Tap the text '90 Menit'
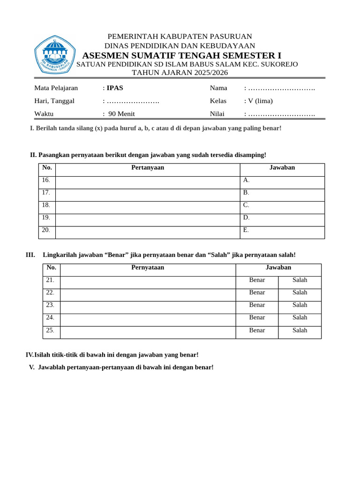pyautogui.click(x=121, y=114)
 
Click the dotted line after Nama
pyautogui.click(x=281, y=88)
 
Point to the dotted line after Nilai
pyautogui.click(x=281, y=114)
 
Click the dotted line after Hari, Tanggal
pyautogui.click(x=133, y=101)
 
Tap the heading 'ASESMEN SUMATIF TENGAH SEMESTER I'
pyautogui.click(x=182, y=55)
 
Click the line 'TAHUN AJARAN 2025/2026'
pyautogui.click(x=180, y=72)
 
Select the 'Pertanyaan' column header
pyautogui.click(x=148, y=167)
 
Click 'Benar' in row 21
pyautogui.click(x=257, y=280)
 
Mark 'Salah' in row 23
pyautogui.click(x=300, y=305)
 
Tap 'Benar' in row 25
pyautogui.click(x=257, y=330)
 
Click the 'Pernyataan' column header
pyautogui.click(x=148, y=268)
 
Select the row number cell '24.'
pyautogui.click(x=50, y=318)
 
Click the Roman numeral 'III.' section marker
pyautogui.click(x=30, y=255)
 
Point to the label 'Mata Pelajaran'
pyautogui.click(x=56, y=88)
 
